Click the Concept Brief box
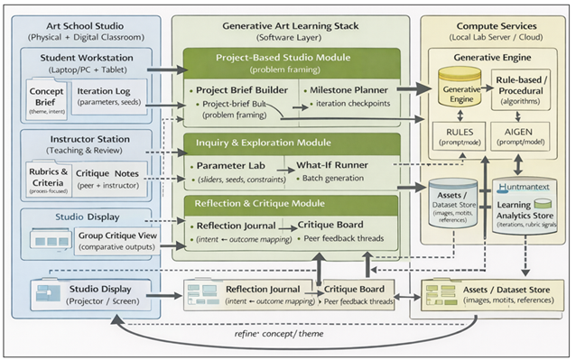pos(46,99)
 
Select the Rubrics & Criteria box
pos(46,177)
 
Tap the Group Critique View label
pos(114,235)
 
